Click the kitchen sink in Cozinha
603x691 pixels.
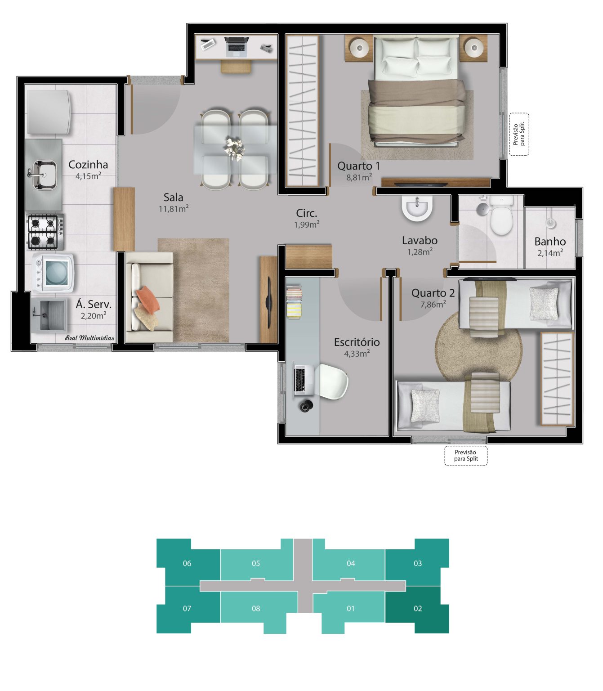(x=45, y=174)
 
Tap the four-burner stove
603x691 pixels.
(x=45, y=232)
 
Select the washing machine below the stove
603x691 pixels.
(x=53, y=273)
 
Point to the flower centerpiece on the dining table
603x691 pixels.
(x=235, y=149)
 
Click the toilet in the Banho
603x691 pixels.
(x=501, y=216)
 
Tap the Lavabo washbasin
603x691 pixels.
(x=417, y=208)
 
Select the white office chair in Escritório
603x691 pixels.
(x=333, y=381)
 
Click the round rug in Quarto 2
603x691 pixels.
(x=478, y=348)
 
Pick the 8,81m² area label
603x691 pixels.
(x=359, y=177)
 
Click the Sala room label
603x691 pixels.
(x=173, y=197)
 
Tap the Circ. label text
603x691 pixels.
(x=307, y=213)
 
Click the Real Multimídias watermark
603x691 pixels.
(x=89, y=338)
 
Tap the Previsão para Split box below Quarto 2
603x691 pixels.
(x=466, y=456)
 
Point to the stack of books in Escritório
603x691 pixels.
(x=294, y=302)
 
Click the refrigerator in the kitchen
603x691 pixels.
(x=49, y=112)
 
